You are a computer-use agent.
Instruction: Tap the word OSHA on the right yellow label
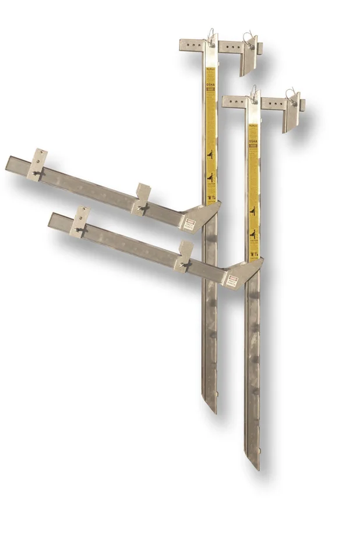coord(254,145)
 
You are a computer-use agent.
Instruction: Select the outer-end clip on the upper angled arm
coord(38,164)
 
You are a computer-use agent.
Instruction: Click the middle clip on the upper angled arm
coord(142,198)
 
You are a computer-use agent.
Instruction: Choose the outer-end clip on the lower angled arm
coord(80,221)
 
